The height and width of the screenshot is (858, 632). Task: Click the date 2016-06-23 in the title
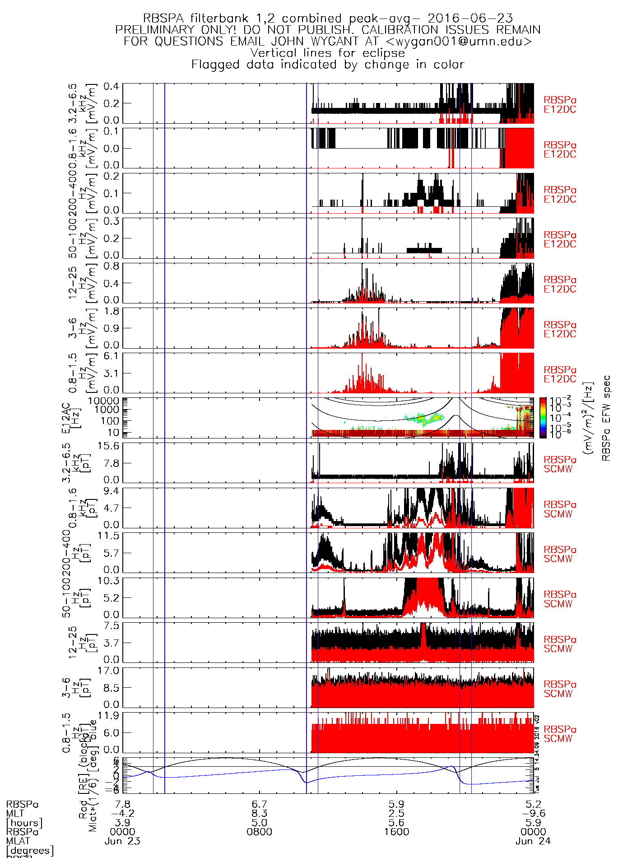tap(470, 19)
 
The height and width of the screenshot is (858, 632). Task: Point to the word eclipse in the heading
tap(383, 53)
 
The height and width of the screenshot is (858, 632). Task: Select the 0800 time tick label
tap(260, 832)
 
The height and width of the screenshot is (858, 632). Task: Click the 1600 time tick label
tap(396, 832)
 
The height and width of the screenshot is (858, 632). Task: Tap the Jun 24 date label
tap(533, 841)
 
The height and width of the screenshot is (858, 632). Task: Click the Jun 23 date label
tap(122, 841)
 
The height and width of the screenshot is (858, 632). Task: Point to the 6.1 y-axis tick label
tap(112, 356)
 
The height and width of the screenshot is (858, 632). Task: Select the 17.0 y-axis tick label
tap(109, 671)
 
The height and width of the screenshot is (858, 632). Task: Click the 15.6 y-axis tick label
tap(109, 446)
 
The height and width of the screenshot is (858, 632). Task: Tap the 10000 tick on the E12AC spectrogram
tap(104, 401)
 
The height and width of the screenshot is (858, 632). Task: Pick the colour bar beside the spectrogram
tap(543, 418)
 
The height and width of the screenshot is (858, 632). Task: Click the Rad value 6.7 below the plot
tap(260, 805)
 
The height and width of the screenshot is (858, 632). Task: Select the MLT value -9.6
tap(533, 814)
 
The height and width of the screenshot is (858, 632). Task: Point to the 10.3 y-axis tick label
tap(109, 581)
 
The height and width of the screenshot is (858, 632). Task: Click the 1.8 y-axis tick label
tap(112, 312)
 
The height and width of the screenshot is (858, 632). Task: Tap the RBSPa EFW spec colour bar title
tap(606, 418)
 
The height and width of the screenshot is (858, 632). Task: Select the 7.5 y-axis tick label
tap(112, 626)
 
